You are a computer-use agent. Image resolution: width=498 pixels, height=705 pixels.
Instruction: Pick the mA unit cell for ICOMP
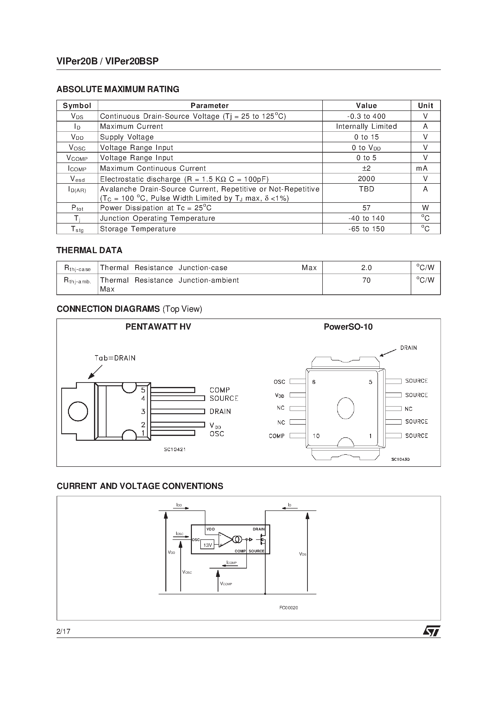tap(425, 168)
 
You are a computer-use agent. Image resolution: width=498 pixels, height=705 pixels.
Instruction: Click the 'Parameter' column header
tap(209, 106)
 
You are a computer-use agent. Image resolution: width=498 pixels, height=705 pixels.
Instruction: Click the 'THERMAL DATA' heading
tap(89, 250)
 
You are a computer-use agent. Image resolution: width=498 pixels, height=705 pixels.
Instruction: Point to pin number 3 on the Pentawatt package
tap(143, 412)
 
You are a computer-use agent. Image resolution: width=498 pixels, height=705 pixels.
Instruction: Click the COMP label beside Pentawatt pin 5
tap(220, 390)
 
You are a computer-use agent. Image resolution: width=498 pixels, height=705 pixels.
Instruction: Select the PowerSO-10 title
tap(348, 327)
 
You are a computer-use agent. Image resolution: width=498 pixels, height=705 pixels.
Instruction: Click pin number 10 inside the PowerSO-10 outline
tap(316, 436)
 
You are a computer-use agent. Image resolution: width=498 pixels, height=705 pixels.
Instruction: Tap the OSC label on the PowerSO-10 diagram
tap(279, 382)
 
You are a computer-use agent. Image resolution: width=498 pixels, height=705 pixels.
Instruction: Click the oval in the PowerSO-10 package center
tap(345, 408)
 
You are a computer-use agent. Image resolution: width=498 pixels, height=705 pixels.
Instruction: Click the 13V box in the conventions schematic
tap(208, 545)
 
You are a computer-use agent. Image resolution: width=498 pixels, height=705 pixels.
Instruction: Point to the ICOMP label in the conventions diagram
tap(231, 563)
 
